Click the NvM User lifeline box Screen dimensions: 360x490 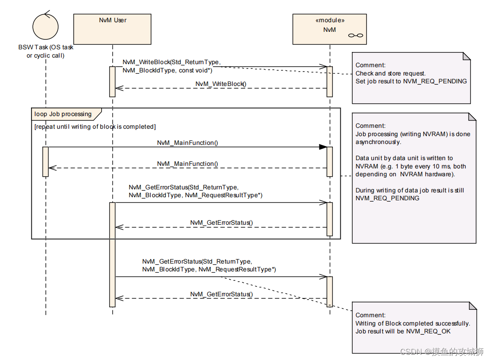coord(113,29)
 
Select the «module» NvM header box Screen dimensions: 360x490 coord(329,29)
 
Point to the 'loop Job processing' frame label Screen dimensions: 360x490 coord(63,114)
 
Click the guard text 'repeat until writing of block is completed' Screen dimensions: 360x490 coord(95,127)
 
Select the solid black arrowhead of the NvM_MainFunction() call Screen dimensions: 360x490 coord(323,147)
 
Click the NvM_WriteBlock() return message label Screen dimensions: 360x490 coord(221,83)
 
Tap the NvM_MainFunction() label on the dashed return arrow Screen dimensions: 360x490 coord(188,164)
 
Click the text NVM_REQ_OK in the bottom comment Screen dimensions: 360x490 coord(428,331)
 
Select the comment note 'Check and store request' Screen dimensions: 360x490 coord(411,78)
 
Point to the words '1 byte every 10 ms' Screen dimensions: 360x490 coord(422,166)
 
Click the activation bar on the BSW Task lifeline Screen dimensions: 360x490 coord(45,161)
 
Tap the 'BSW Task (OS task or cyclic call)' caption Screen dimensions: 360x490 coord(46,51)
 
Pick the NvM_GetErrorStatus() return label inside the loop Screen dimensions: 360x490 coord(221,223)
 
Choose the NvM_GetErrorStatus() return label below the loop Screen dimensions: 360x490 coord(221,294)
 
